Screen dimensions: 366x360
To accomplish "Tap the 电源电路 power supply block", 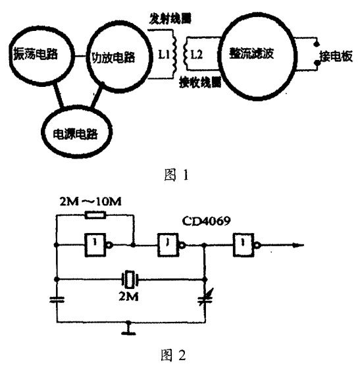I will (x=79, y=132).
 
